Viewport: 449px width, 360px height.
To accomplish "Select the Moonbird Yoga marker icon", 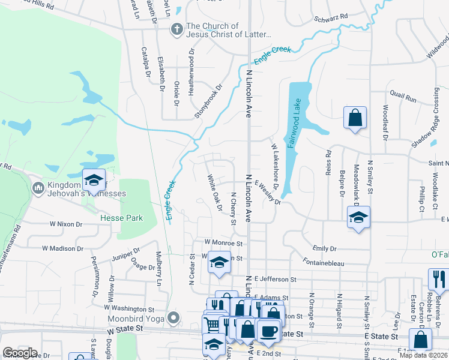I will click(x=174, y=317).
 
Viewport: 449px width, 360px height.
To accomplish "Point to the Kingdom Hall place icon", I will click(x=38, y=188).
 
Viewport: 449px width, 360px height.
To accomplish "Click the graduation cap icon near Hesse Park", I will click(x=94, y=180).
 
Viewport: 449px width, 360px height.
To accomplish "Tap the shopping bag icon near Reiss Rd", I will click(x=354, y=118).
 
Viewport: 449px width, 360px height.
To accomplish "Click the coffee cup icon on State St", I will click(x=268, y=331).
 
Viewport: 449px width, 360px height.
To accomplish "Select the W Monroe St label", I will click(x=223, y=244).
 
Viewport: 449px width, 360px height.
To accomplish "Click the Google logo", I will click(x=20, y=353).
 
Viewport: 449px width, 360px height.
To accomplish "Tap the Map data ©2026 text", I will click(x=424, y=355).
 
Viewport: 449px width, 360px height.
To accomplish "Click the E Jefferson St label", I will click(x=275, y=279).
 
